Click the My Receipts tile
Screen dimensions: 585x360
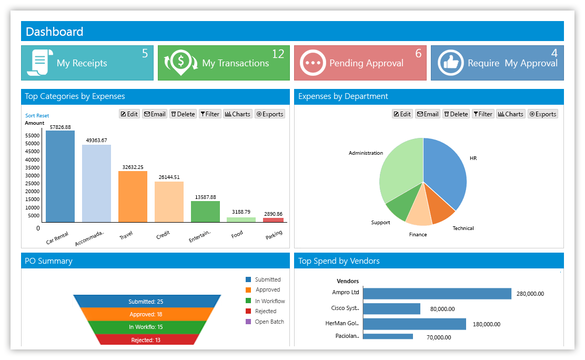click(x=87, y=63)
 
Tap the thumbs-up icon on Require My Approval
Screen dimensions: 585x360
click(x=451, y=63)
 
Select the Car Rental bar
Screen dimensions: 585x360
click(x=60, y=176)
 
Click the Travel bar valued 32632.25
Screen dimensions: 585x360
click(x=133, y=196)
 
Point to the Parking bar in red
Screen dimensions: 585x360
click(x=273, y=220)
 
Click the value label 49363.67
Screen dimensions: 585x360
click(x=96, y=141)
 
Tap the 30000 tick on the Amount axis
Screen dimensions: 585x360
click(x=33, y=175)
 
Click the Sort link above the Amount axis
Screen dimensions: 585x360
click(x=30, y=116)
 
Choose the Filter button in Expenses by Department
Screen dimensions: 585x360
click(x=483, y=114)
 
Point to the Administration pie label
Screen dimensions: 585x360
click(x=366, y=153)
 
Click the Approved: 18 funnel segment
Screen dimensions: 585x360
click(x=146, y=314)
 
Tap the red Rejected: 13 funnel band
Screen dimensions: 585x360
click(x=146, y=339)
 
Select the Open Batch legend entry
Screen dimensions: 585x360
click(x=265, y=322)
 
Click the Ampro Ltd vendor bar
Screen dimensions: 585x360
click(x=437, y=294)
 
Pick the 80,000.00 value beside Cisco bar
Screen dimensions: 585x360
click(x=442, y=309)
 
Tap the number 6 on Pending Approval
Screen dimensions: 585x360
click(x=419, y=53)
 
